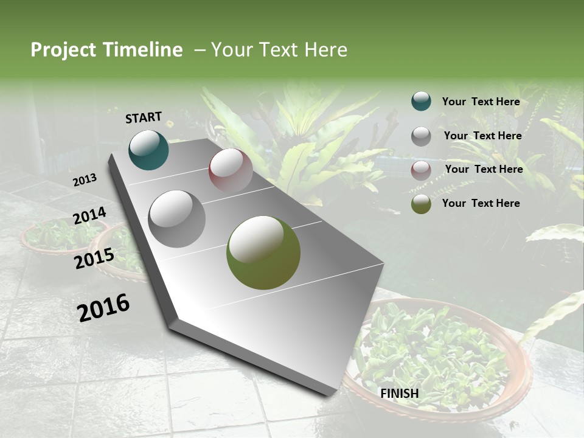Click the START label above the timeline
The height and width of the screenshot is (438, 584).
click(x=144, y=117)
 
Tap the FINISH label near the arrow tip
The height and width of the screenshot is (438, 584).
click(x=400, y=394)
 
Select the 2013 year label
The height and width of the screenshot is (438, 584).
click(x=85, y=179)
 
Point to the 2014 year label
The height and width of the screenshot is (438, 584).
click(x=90, y=216)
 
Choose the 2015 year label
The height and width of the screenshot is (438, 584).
click(x=94, y=259)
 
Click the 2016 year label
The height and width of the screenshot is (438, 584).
click(x=103, y=307)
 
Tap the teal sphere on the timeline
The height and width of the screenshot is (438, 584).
click(x=148, y=150)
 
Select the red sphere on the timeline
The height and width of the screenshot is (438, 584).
click(x=231, y=171)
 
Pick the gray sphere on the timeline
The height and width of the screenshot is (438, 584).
click(x=177, y=219)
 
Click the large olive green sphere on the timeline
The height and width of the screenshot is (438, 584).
click(x=263, y=252)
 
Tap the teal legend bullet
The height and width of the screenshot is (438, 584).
click(x=421, y=102)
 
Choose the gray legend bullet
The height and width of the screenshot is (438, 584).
click(x=421, y=136)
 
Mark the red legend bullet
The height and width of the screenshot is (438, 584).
click(x=421, y=170)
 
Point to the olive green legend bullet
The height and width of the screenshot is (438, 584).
click(x=421, y=204)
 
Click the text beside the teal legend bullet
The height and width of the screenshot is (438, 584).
click(x=481, y=102)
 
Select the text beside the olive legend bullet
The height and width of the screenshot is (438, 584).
click(x=481, y=203)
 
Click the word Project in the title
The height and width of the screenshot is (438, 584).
click(x=63, y=50)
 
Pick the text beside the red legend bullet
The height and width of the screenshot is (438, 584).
click(x=484, y=169)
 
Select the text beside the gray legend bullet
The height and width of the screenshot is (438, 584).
click(x=482, y=136)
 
